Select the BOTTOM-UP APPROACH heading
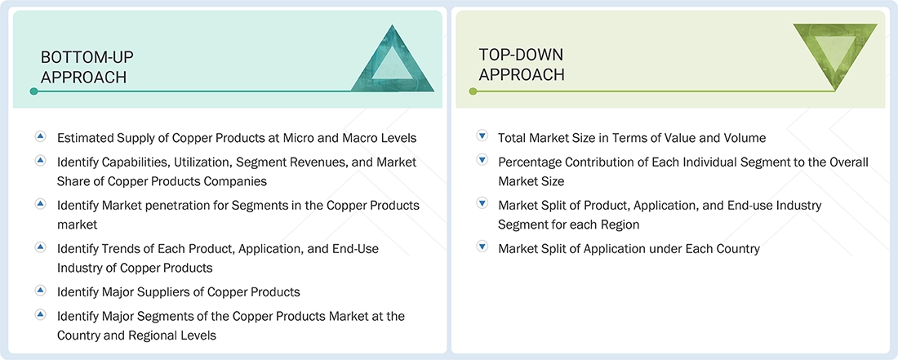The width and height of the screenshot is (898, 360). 87,67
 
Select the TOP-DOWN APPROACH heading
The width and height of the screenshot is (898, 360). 522,64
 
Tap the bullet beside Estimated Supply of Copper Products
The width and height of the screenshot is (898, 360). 40,137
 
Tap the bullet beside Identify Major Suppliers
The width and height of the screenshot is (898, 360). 40,291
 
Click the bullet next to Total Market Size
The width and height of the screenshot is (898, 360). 482,137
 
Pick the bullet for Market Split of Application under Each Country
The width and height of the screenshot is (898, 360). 482,247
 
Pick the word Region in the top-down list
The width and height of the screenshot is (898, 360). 616,224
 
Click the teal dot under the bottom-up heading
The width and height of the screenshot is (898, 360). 33,91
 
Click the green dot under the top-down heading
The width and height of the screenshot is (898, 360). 473,91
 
